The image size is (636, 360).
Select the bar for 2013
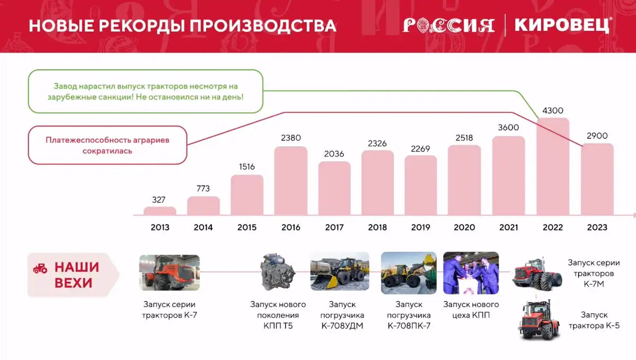click(x=160, y=211)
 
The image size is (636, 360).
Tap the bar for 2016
click(x=290, y=181)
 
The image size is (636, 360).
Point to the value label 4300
click(x=553, y=111)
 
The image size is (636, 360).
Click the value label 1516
click(x=246, y=166)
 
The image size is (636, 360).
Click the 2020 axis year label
click(x=464, y=227)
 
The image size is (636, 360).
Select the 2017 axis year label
click(x=334, y=227)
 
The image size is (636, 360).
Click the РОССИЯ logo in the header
click(x=448, y=25)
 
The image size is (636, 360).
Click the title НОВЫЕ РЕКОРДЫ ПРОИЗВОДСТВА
click(x=182, y=26)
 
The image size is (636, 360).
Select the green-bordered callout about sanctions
click(x=145, y=91)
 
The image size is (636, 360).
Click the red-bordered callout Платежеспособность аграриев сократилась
click(x=107, y=145)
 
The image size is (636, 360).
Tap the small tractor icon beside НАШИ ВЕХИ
click(x=40, y=268)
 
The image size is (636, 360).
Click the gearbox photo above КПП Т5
click(x=278, y=273)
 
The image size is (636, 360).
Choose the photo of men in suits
click(x=471, y=273)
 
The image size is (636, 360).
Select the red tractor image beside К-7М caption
click(x=537, y=275)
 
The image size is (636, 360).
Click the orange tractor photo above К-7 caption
click(x=170, y=273)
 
